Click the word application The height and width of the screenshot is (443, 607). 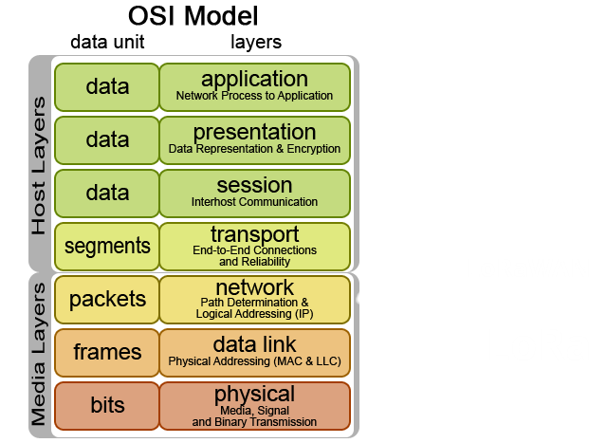coord(254,79)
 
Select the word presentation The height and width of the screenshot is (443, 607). coord(254,132)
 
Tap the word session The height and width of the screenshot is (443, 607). coord(254,185)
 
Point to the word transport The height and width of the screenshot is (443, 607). coord(254,234)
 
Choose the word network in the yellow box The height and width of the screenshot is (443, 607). coord(254,287)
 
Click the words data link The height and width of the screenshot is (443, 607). coord(254,344)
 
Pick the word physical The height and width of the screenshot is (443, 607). coord(254,394)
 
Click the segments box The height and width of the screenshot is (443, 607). coord(107,247)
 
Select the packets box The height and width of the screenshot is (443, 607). coord(107,300)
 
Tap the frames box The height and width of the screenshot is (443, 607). coord(107,353)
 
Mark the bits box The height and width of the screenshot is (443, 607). coord(107,406)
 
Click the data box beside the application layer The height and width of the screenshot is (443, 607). coord(107,87)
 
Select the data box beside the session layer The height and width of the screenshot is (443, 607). coord(107,194)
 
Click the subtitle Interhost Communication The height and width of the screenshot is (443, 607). coord(254,202)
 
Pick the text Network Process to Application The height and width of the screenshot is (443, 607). coord(254,96)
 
